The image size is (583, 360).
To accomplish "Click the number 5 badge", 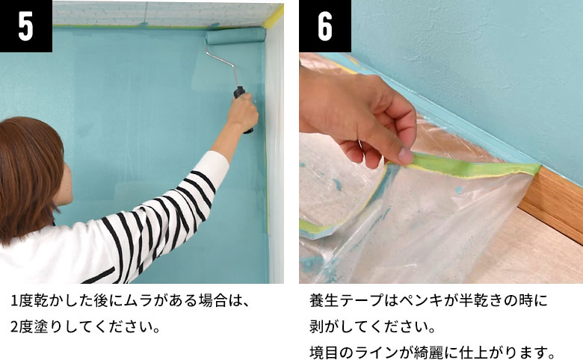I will [x=25, y=26].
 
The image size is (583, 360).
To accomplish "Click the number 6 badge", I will [x=325, y=26].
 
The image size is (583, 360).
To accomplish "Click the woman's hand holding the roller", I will [x=244, y=112].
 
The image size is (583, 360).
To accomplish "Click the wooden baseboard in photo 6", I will [x=553, y=202].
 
